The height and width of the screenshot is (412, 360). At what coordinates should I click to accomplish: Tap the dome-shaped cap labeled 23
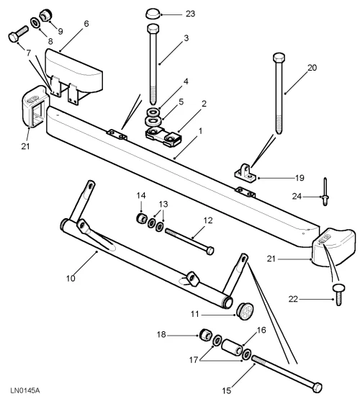click(152, 13)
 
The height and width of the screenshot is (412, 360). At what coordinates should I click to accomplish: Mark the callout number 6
click(86, 23)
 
